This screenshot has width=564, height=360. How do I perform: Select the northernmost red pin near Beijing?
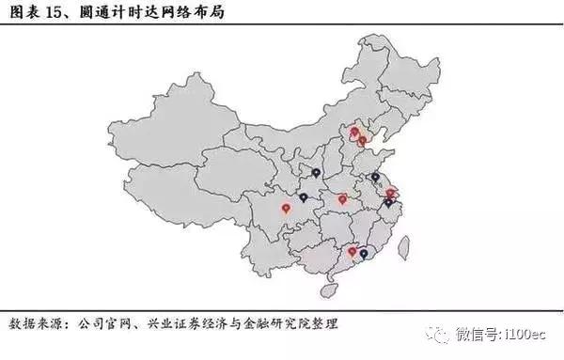pyautogui.click(x=355, y=132)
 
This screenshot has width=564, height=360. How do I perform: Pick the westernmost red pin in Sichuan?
pyautogui.click(x=286, y=208)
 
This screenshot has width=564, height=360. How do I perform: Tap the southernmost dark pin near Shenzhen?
pyautogui.click(x=364, y=253)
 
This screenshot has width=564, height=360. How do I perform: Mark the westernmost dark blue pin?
pyautogui.click(x=304, y=197)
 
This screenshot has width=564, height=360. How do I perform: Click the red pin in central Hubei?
pyautogui.click(x=343, y=198)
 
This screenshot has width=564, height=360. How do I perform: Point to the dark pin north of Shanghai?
pyautogui.click(x=375, y=176)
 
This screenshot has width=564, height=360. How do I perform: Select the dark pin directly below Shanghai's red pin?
pyautogui.click(x=388, y=201)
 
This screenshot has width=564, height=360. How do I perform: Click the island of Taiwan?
pyautogui.click(x=404, y=247)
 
